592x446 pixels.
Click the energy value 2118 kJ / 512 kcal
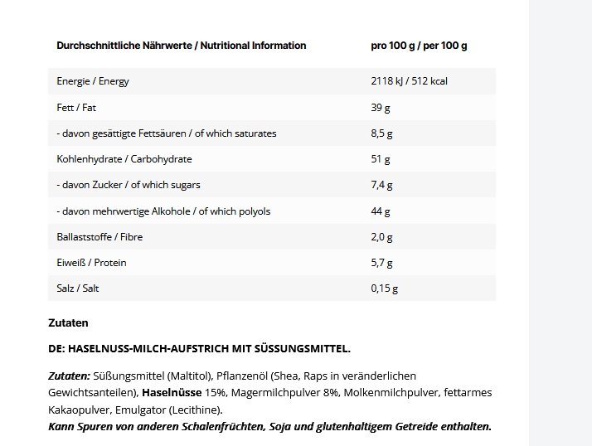point(409,81)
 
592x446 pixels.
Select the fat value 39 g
point(380,108)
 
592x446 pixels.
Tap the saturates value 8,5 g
point(381,133)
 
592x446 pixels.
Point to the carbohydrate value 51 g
point(380,159)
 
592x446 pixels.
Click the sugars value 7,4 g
point(381,185)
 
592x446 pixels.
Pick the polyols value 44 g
point(380,211)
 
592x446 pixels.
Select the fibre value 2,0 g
point(381,237)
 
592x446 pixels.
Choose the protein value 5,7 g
point(381,263)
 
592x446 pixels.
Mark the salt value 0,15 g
point(384,288)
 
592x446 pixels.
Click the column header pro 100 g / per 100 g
point(419,46)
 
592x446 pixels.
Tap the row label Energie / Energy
point(93,81)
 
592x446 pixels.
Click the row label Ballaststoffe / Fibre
point(99,237)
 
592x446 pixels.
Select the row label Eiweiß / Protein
point(91,263)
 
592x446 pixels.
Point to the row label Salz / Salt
point(78,288)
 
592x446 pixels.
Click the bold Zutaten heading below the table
point(68,322)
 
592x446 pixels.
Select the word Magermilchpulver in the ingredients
point(274,391)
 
